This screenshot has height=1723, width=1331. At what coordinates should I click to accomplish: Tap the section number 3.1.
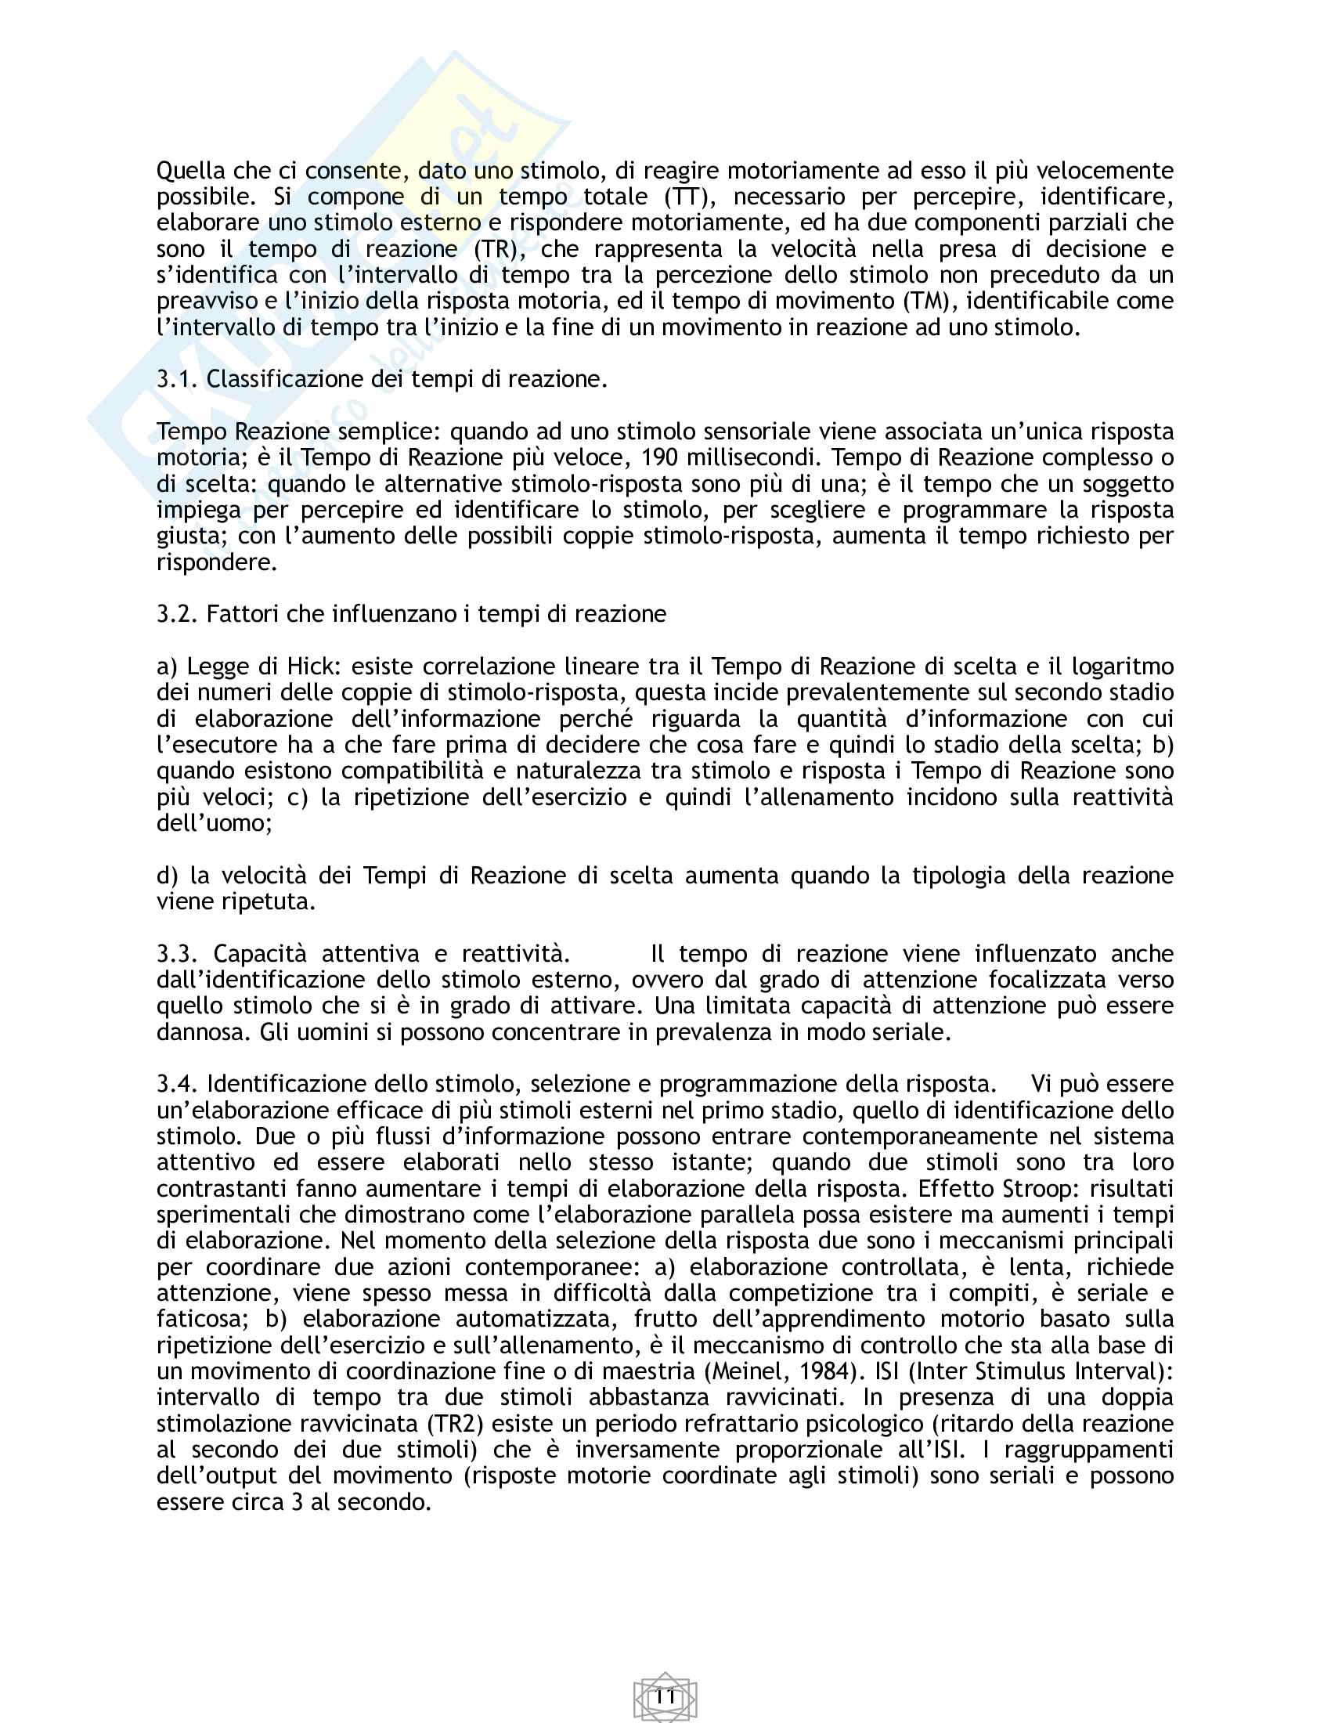tap(178, 380)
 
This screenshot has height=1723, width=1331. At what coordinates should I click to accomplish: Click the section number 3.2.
tap(178, 614)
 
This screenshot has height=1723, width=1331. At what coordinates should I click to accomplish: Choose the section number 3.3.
tap(178, 954)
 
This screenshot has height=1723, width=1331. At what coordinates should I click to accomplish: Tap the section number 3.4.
tap(178, 1084)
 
